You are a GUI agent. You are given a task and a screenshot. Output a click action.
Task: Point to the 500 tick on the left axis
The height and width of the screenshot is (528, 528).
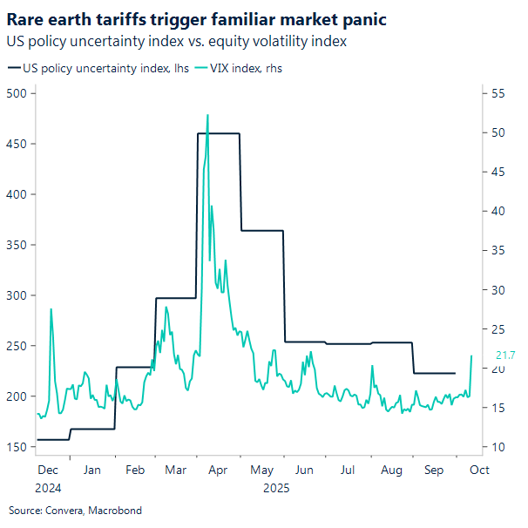16,93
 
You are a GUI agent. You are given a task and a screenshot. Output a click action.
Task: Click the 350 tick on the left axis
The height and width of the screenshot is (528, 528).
16,245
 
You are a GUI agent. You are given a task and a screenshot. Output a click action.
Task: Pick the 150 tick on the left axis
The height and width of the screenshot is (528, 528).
16,447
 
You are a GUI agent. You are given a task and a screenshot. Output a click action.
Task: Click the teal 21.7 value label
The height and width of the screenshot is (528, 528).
505,355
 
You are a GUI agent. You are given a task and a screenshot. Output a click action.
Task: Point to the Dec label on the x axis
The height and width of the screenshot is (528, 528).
47,470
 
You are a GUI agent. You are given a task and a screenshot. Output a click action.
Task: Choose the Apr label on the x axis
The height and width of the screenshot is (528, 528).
218,470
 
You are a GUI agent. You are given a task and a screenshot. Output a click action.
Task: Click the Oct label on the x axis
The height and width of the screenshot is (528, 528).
478,470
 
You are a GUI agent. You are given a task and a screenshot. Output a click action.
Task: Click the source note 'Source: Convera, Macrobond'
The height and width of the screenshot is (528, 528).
75,510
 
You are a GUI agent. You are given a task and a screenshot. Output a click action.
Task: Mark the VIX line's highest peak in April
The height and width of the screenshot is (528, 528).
207,115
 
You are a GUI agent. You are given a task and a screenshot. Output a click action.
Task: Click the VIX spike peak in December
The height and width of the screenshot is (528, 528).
51,309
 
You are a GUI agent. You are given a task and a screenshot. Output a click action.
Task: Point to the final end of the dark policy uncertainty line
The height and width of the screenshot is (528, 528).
456,373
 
